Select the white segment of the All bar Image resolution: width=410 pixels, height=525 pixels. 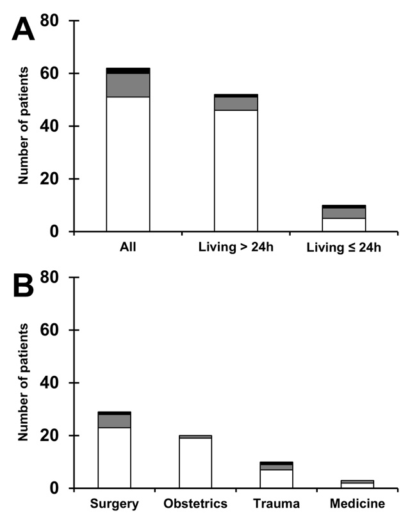(x=128, y=164)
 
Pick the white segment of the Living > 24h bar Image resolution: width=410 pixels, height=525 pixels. (x=236, y=170)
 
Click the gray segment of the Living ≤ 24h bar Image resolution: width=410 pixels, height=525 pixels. (x=343, y=213)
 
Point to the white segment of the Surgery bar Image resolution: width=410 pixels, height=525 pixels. (x=115, y=458)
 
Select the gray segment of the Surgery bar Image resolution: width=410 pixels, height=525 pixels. (x=115, y=421)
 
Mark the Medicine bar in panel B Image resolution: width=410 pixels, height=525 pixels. (x=357, y=484)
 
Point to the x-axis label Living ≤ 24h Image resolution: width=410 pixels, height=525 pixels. (x=343, y=248)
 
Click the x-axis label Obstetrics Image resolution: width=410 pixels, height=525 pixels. (x=195, y=504)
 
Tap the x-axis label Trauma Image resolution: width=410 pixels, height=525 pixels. (x=276, y=504)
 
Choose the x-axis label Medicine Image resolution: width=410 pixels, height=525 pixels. (x=357, y=504)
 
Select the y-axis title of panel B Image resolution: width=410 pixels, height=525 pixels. (x=24, y=383)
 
